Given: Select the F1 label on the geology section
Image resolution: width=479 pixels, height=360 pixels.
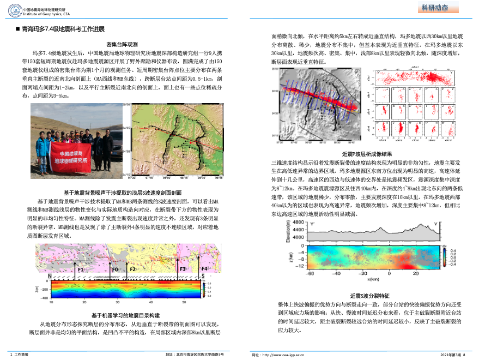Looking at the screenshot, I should (81, 269).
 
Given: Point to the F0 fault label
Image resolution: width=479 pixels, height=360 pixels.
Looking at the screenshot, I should (115, 269).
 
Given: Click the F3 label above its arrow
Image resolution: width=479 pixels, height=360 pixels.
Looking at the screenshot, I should (183, 269).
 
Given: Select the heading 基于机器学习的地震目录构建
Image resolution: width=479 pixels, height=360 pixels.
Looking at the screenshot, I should (125, 316).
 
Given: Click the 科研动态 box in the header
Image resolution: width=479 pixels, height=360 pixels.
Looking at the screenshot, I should (434, 7).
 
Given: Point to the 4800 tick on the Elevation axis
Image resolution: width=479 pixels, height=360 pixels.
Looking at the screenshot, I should (299, 223).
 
